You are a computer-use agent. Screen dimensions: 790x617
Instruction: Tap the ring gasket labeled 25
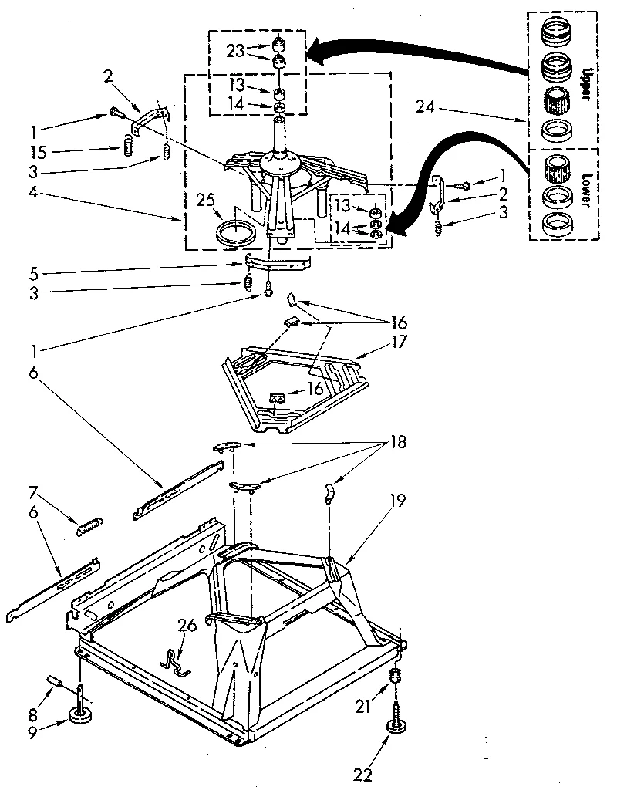click(236, 231)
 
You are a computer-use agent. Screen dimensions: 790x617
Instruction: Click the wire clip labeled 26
click(175, 662)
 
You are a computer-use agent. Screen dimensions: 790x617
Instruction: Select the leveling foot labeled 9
click(80, 713)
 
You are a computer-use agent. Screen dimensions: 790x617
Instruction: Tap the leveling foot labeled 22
click(399, 727)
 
